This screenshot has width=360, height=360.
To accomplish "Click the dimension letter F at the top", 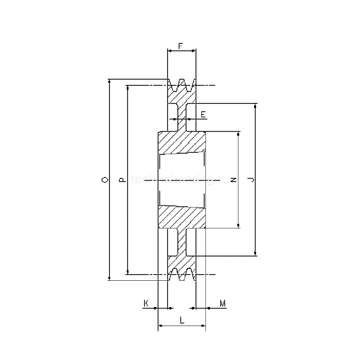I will [181, 46].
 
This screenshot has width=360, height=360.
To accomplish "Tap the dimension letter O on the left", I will [104, 180].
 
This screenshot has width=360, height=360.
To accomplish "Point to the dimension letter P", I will [122, 180].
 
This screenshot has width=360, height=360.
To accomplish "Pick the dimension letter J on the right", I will [250, 180].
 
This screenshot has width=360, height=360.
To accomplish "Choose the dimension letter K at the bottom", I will [146, 303].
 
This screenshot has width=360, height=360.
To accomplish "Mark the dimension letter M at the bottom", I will [223, 303].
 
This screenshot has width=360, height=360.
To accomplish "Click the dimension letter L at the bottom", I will [182, 320].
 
